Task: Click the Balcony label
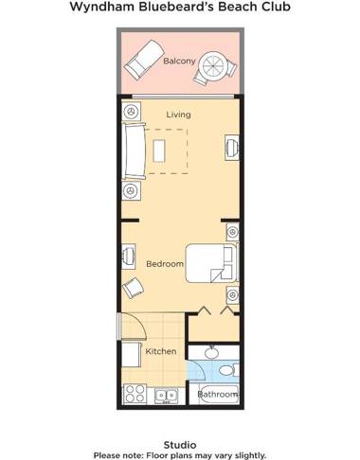[x=179, y=62]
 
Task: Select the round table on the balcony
[x=215, y=66]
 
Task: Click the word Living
[x=179, y=115]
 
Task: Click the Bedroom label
[x=164, y=264]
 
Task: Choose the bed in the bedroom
[x=209, y=261]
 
